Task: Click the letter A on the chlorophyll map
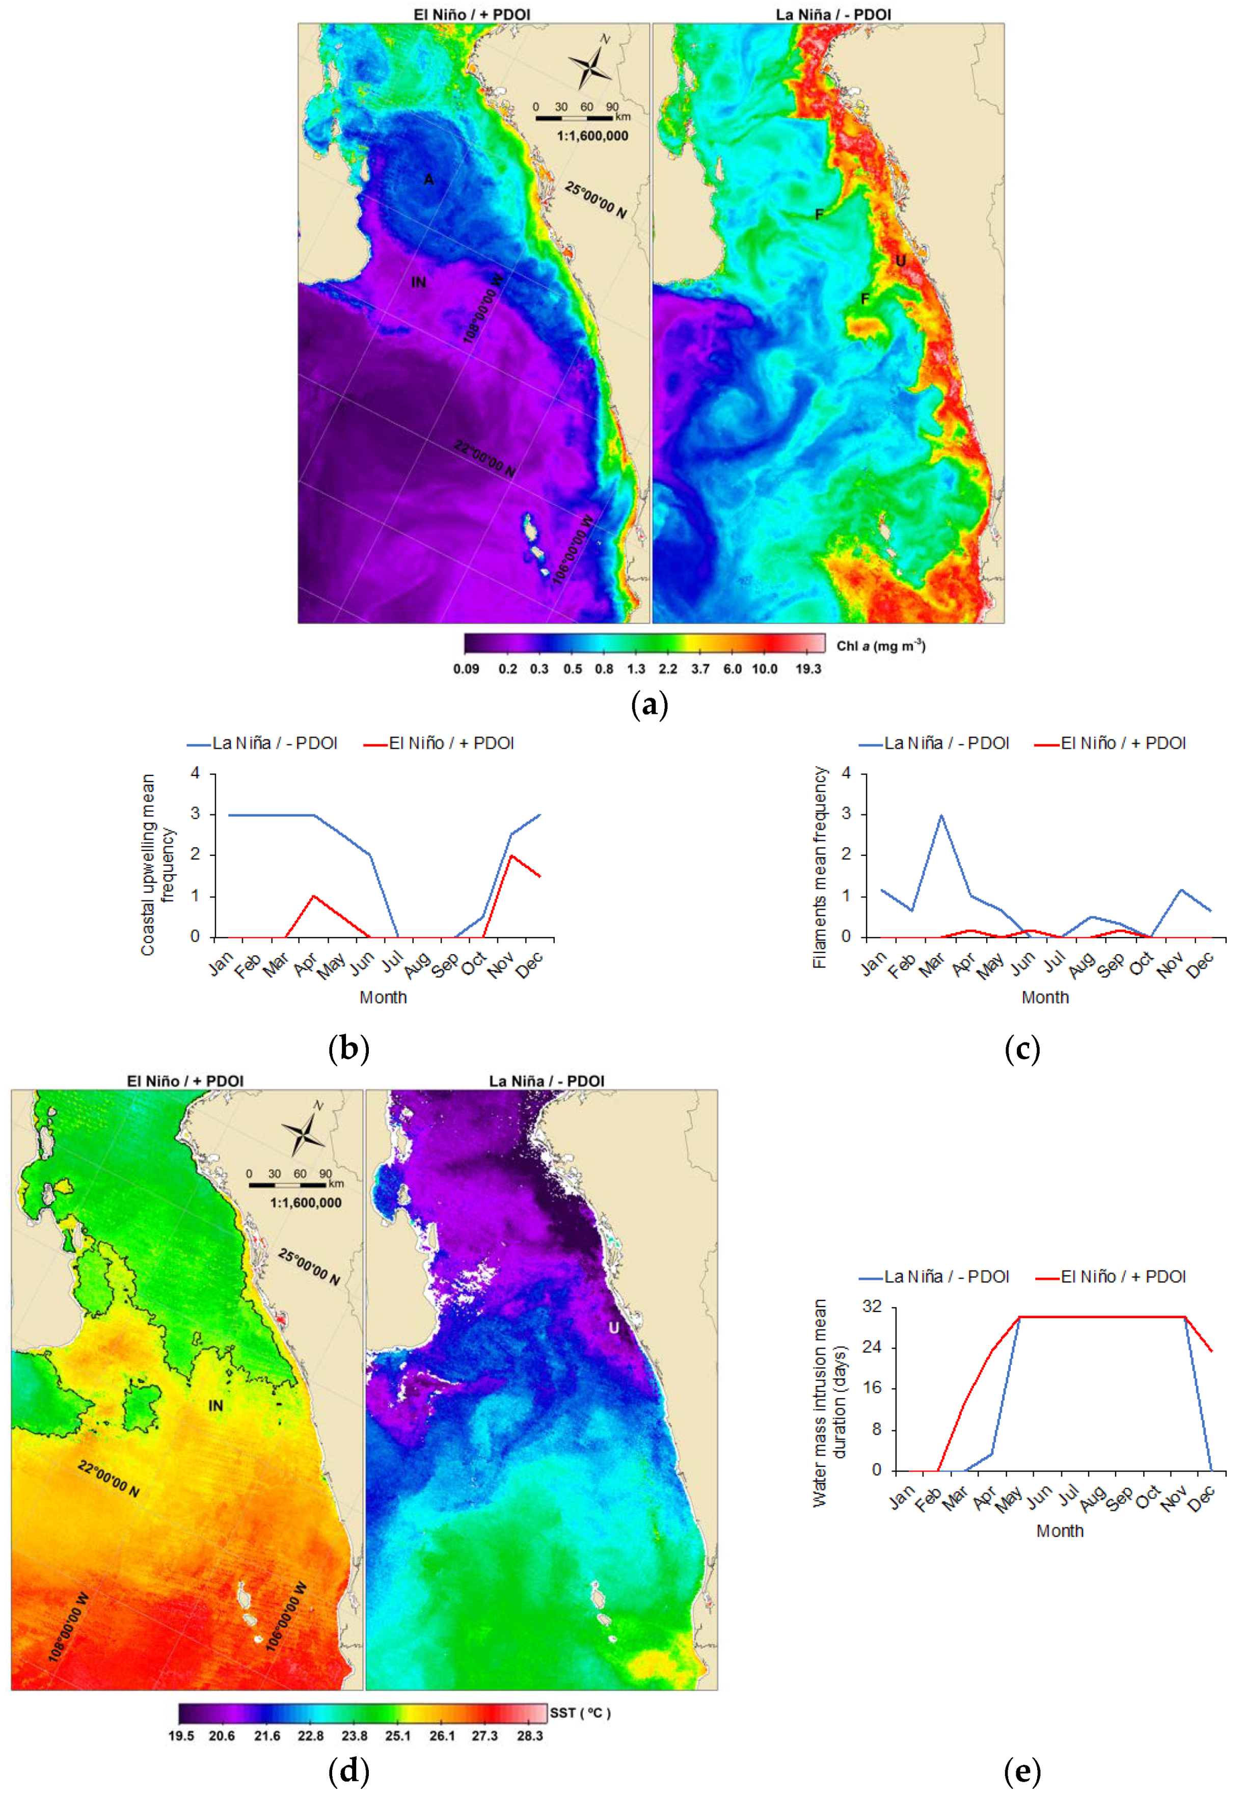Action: click(x=428, y=180)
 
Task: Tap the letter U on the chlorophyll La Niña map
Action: click(x=900, y=260)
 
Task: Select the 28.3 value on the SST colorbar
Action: click(x=530, y=1736)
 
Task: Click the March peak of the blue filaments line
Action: click(x=941, y=815)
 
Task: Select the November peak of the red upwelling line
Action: click(x=511, y=856)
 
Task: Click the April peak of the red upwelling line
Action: click(x=314, y=896)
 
